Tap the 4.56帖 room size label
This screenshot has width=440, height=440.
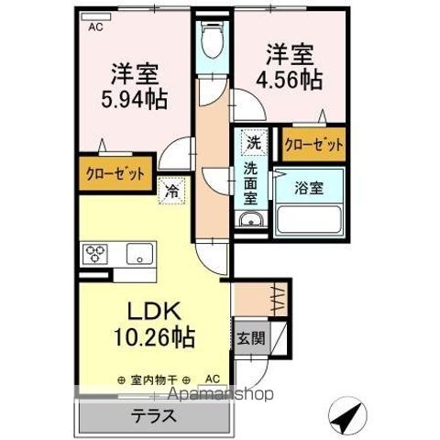(294, 80)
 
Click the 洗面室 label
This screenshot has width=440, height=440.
(250, 182)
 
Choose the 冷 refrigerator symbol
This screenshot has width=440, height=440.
(172, 192)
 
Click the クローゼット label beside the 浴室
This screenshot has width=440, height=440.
(314, 145)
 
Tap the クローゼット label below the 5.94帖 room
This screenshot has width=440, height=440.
(115, 173)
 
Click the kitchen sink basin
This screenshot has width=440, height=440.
(139, 254)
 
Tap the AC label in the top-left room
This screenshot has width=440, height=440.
(95, 28)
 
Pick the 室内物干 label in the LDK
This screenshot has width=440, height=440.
(153, 379)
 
